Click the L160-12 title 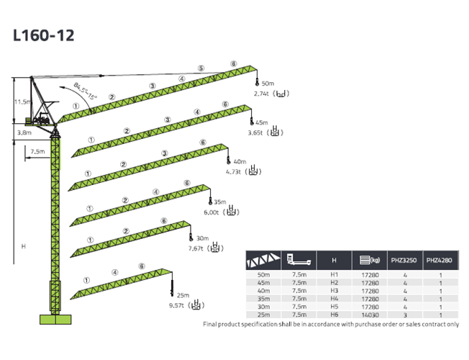(x=43, y=35)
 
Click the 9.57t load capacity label (x=172, y=305)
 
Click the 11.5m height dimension (x=22, y=102)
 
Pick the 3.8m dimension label (x=24, y=132)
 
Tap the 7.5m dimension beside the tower (x=37, y=151)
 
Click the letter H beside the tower (x=24, y=246)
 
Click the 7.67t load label (x=196, y=248)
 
